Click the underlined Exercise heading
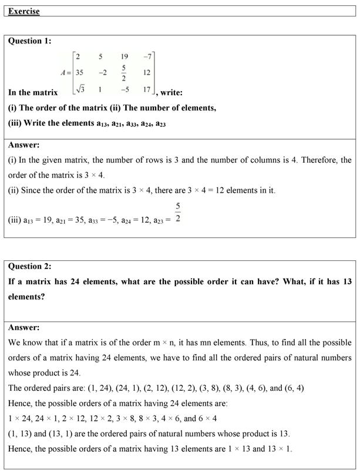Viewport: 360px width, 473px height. (x=24, y=11)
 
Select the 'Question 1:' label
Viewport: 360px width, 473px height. (x=30, y=41)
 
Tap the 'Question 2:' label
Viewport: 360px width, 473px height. (x=30, y=266)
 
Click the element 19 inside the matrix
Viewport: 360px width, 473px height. (x=125, y=57)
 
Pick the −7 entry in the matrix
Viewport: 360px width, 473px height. (x=147, y=57)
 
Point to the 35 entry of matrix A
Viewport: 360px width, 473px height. (x=79, y=73)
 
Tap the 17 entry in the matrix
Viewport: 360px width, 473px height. (x=146, y=90)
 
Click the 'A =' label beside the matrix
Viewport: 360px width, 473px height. (x=65, y=73)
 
